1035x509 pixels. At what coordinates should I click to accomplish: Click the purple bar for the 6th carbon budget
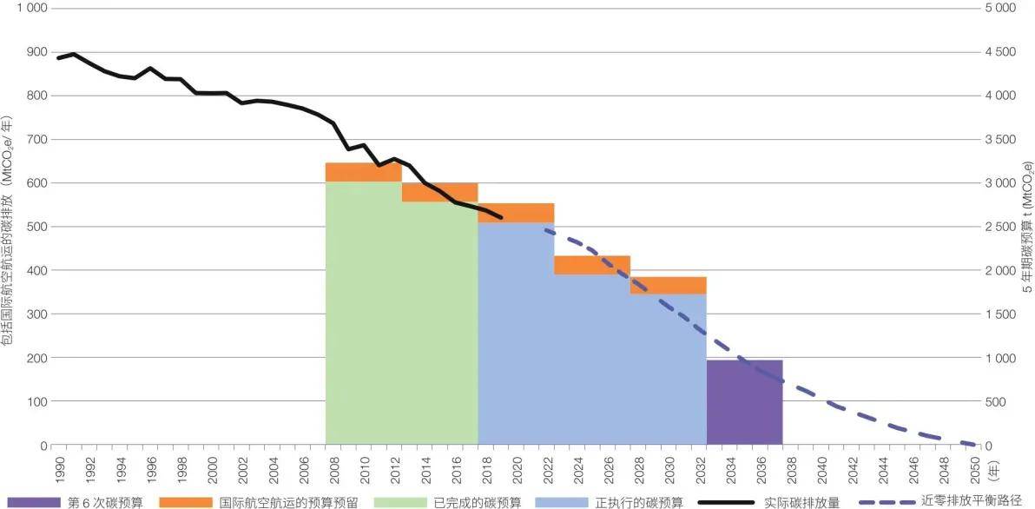click(744, 401)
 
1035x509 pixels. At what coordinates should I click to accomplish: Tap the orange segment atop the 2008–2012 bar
click(363, 172)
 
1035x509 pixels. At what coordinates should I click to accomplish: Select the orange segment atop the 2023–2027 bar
click(591, 265)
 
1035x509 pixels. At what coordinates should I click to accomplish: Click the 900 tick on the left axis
click(38, 51)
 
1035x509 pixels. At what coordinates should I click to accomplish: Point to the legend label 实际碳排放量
click(802, 501)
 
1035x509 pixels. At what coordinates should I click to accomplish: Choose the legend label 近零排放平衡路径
click(976, 501)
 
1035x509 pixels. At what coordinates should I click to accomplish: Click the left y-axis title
click(8, 226)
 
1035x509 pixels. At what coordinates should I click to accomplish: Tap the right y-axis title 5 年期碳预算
click(1026, 226)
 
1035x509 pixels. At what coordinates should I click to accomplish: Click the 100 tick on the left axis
click(38, 401)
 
